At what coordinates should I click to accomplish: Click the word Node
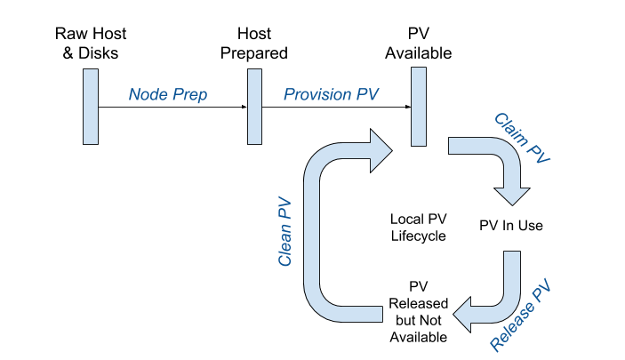pyautogui.click(x=147, y=95)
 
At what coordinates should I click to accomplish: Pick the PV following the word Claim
pyautogui.click(x=540, y=152)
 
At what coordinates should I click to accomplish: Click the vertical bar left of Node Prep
pyautogui.click(x=91, y=106)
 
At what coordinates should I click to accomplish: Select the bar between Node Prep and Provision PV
pyautogui.click(x=255, y=106)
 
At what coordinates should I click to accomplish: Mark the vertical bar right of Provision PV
pyautogui.click(x=419, y=106)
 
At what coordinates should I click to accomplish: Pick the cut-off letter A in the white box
pyautogui.click(x=395, y=333)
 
